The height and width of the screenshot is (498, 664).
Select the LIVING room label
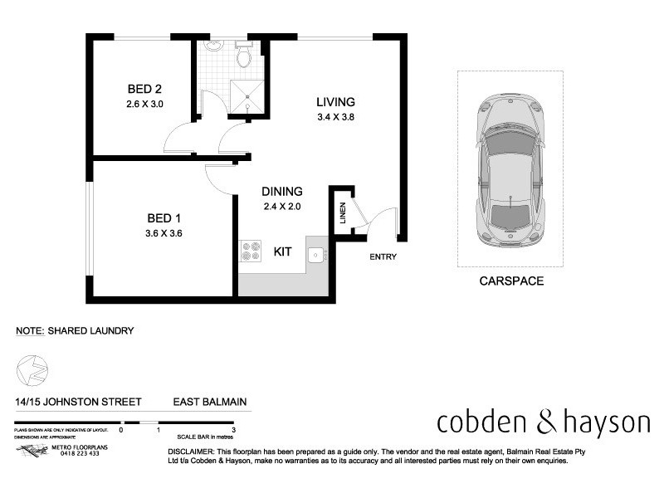point(335,102)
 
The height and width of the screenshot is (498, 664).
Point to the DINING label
point(282,191)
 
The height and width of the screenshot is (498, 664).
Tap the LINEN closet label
point(342,213)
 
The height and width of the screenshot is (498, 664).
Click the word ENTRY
point(383,256)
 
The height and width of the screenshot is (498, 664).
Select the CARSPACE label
point(511,281)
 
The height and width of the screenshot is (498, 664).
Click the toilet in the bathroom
point(243,56)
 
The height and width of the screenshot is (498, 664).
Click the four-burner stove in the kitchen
point(250,251)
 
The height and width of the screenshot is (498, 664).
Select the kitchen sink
point(316,255)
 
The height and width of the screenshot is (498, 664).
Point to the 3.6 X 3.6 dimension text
point(164,233)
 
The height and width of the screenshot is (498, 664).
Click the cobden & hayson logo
point(544,422)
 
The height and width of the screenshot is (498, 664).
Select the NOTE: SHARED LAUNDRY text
point(75,330)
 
